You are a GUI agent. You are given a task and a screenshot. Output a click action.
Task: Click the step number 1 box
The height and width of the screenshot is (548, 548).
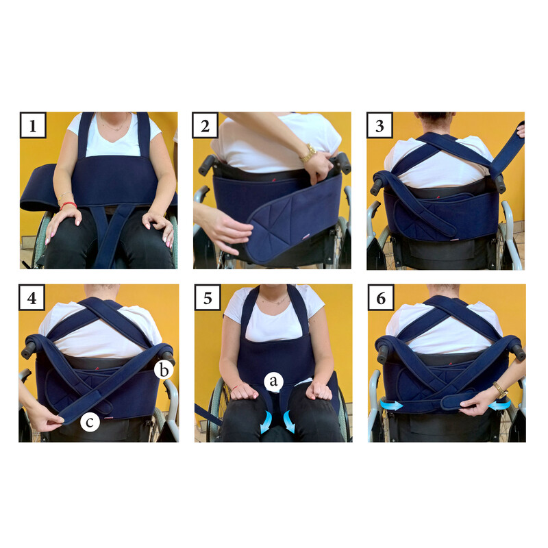(33, 125)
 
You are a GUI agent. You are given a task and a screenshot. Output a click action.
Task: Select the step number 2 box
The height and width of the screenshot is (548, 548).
(205, 125)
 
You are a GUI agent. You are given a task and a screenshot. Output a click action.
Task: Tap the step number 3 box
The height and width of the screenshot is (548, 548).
(379, 125)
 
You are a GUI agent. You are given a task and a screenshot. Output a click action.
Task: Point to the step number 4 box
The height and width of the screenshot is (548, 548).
(32, 297)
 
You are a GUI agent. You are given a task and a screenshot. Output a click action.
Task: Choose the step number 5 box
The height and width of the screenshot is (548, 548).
(208, 297)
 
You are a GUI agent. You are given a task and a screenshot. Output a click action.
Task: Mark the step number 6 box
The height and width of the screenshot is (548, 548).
(381, 297)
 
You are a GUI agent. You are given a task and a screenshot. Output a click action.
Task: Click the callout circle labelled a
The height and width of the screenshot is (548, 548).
(273, 382)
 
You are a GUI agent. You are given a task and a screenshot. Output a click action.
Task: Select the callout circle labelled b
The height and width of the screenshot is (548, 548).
(164, 370)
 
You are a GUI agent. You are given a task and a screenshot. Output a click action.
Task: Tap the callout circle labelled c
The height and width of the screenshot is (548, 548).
(90, 422)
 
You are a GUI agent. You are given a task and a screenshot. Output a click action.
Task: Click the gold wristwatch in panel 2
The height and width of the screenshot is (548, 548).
(308, 153)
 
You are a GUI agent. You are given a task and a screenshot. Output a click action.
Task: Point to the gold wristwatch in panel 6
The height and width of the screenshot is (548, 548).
(500, 390)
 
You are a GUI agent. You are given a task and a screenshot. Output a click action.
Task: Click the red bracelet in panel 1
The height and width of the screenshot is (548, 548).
(68, 205)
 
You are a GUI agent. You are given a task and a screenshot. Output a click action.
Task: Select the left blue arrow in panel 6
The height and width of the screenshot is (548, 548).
(390, 405)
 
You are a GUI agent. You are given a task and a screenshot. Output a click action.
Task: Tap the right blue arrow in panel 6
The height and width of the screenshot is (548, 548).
(499, 405)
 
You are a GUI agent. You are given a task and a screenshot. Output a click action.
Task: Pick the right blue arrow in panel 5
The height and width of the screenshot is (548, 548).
(289, 421)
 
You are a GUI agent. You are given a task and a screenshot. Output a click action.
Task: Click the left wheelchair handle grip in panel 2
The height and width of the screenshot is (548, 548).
(207, 164)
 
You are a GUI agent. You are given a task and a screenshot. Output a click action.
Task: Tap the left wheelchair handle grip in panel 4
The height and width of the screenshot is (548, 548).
(29, 350)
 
